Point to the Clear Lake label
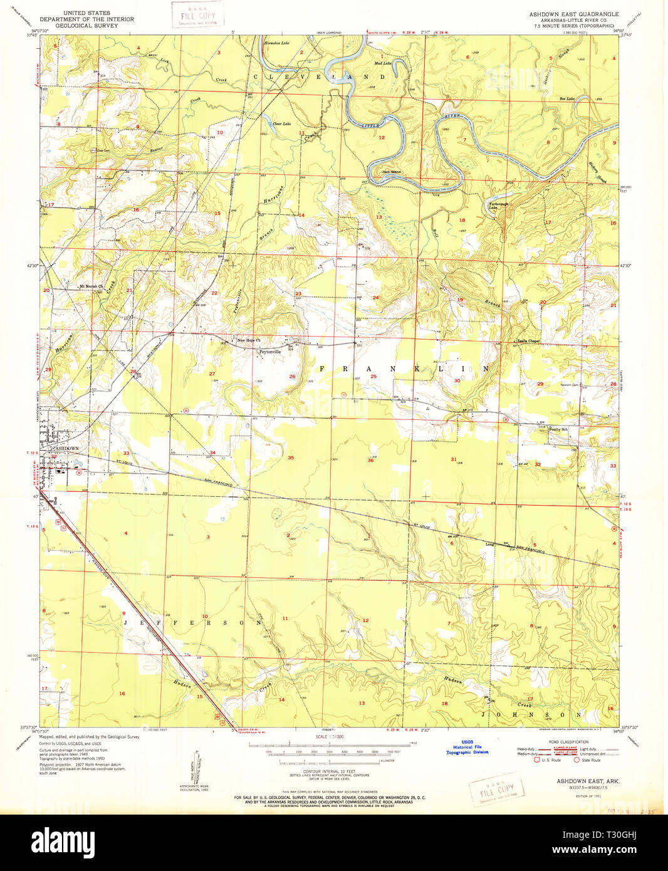pos(281,124)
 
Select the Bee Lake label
pos(567,99)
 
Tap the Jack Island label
pos(392,172)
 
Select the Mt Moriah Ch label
pos(90,287)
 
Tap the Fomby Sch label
pos(558,429)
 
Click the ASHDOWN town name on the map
pos(65,449)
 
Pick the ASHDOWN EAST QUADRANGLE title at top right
pos(573,14)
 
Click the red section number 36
pos(370,461)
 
